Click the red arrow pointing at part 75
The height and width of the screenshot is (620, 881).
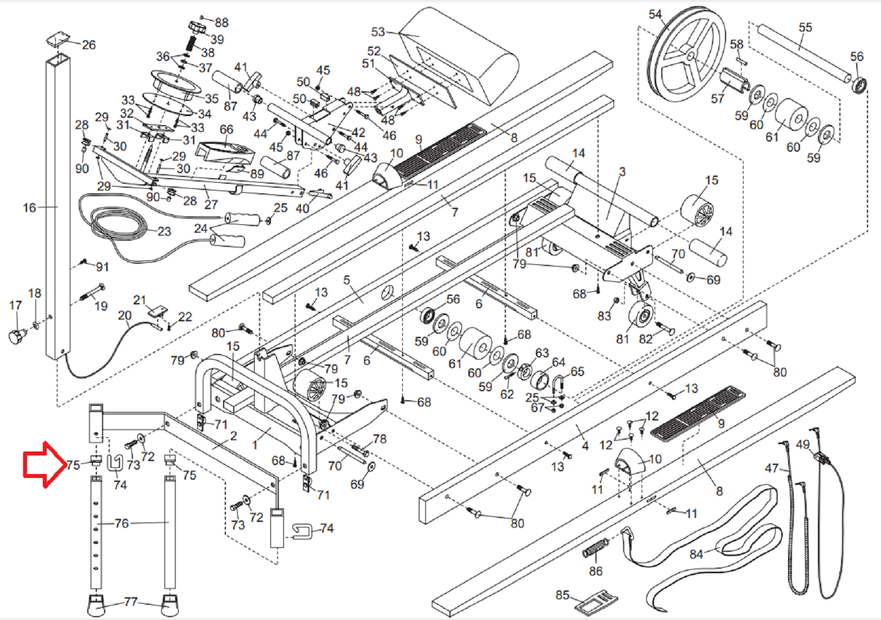pos(44,464)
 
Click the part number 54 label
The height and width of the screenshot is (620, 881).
pos(655,14)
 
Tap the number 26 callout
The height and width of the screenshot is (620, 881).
pos(88,45)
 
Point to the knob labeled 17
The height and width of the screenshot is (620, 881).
pos(16,336)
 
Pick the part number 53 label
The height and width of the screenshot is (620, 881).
pos(378,32)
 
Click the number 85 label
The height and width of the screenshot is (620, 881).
pos(562,595)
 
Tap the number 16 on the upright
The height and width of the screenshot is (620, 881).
pos(29,207)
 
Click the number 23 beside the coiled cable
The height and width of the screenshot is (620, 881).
pos(164,231)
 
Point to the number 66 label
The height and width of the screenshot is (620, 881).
pos(226,129)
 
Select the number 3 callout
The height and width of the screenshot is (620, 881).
pos(622,172)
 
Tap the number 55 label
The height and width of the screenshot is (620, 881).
pos(805,27)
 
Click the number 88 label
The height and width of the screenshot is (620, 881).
pos(222,23)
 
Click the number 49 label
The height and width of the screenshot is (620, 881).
pos(803,445)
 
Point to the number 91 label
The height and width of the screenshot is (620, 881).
pos(103,267)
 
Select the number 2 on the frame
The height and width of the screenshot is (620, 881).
pos(234,436)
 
